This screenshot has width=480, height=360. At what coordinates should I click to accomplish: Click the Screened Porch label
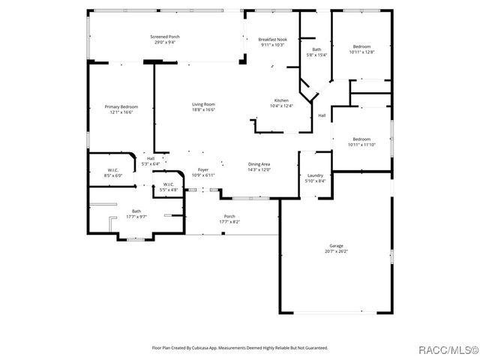(164, 37)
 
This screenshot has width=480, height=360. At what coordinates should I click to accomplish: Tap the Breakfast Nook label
(273, 39)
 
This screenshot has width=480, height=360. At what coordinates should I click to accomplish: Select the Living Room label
(203, 104)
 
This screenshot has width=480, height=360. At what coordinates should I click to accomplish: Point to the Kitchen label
(281, 100)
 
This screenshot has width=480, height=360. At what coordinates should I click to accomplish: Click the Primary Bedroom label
(121, 107)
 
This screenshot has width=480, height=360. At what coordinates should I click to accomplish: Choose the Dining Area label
(259, 164)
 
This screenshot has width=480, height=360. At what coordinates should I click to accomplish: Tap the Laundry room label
(315, 175)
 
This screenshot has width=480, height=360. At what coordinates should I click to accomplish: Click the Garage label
(336, 246)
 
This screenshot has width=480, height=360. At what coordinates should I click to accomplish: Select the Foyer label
(203, 170)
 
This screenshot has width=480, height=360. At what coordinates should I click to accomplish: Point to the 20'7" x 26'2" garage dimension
(336, 251)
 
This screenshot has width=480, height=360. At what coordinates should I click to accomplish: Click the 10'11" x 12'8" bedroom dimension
(361, 52)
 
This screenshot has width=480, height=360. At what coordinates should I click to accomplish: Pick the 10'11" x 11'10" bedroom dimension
(361, 144)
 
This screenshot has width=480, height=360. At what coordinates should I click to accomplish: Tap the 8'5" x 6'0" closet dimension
(112, 175)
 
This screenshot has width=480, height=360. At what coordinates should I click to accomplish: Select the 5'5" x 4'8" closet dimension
(169, 190)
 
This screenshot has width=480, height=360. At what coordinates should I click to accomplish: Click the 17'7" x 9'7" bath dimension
(136, 217)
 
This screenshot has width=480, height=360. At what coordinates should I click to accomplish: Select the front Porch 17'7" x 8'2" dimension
(229, 222)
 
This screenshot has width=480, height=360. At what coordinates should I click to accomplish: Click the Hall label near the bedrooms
(321, 115)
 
